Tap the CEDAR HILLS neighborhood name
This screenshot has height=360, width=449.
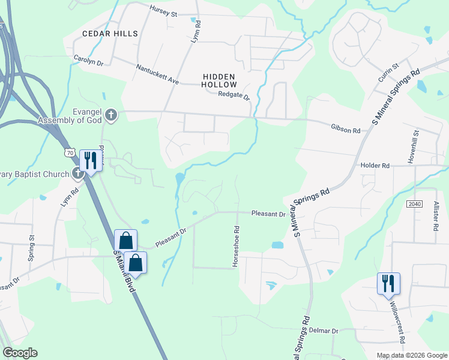tap(110, 34)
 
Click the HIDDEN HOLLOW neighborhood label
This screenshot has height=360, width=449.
tap(220, 80)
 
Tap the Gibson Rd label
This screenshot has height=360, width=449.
tap(345, 129)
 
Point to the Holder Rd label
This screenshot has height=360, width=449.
tap(375, 165)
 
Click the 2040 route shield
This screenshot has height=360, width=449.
tap(414, 204)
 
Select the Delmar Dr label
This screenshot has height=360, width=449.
tap(325, 331)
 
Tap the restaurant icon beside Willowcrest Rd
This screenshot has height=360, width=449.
tap(388, 283)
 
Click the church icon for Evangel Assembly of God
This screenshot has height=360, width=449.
tap(111, 114)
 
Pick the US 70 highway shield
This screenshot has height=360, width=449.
tap(70, 153)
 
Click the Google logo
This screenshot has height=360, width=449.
tap(20, 353)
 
